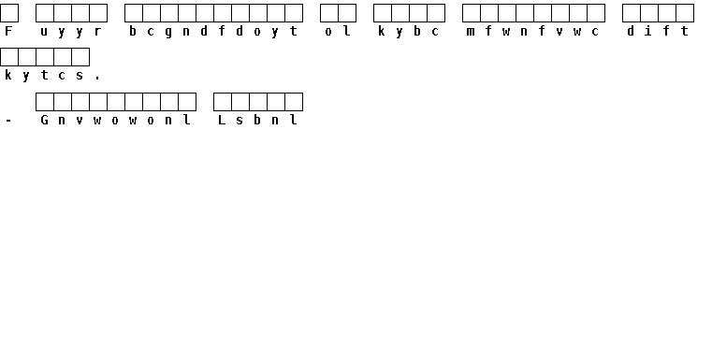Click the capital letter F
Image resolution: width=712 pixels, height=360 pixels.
(x=8, y=31)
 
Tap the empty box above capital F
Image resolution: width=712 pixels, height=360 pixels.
(x=9, y=13)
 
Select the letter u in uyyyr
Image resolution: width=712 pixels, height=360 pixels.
(x=44, y=32)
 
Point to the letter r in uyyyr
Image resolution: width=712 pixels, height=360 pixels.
(x=97, y=32)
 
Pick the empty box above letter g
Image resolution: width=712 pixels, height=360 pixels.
(x=169, y=13)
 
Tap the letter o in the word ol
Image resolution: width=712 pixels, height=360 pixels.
(x=328, y=32)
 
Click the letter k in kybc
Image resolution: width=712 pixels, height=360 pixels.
(x=382, y=31)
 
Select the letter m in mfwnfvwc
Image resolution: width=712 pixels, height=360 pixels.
(x=471, y=32)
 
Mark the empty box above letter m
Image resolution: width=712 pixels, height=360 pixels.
(x=472, y=13)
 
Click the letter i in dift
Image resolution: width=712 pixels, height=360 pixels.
(x=648, y=31)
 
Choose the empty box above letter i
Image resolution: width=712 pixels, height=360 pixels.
(x=649, y=13)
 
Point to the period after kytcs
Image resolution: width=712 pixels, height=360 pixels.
(x=97, y=79)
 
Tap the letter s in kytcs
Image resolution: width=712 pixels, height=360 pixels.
(x=80, y=76)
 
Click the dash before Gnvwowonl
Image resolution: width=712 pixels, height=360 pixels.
(x=8, y=121)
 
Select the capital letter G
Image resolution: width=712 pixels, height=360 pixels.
(x=44, y=120)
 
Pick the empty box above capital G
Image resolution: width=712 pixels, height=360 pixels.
(x=45, y=102)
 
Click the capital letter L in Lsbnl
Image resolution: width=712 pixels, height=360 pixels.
(x=222, y=120)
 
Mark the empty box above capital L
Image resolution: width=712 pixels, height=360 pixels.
(x=223, y=102)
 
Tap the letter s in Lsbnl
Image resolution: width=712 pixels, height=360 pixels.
(x=240, y=121)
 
